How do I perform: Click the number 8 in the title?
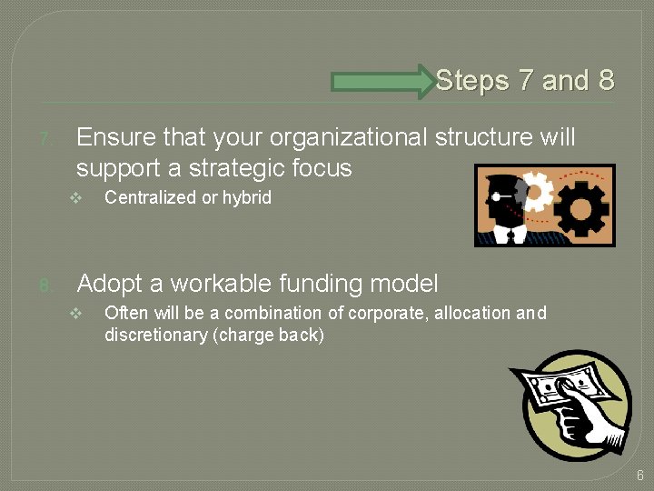pyautogui.click(x=606, y=81)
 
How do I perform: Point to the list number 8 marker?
pyautogui.click(x=45, y=287)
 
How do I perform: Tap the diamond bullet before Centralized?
pyautogui.click(x=76, y=198)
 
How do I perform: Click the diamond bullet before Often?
pyautogui.click(x=76, y=314)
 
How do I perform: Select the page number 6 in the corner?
pyautogui.click(x=639, y=475)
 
